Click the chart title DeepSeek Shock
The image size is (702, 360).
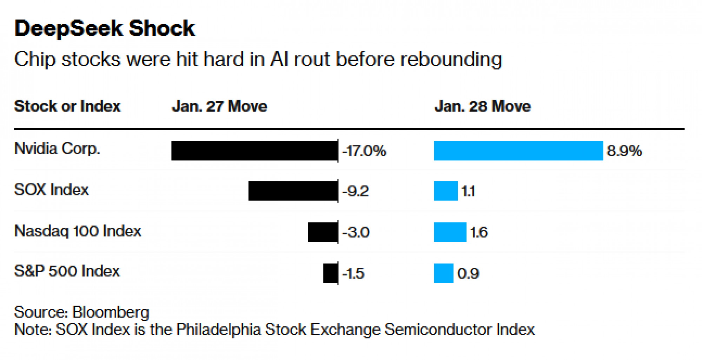click(x=105, y=28)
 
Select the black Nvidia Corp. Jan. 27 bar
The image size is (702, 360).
click(x=254, y=151)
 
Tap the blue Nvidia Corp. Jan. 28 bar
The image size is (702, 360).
click(x=518, y=151)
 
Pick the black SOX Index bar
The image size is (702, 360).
click(x=293, y=191)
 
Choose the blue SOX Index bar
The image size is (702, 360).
click(x=446, y=191)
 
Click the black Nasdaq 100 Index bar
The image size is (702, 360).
click(x=323, y=232)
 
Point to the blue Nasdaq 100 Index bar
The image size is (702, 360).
click(x=450, y=232)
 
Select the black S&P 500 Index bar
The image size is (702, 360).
click(x=330, y=273)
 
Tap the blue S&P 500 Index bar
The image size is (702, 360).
click(x=444, y=273)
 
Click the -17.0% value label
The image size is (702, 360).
click(x=364, y=151)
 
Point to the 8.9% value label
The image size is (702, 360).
click(x=624, y=151)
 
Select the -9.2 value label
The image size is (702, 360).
click(x=355, y=191)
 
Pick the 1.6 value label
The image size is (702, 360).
click(x=479, y=232)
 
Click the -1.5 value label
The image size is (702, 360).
click(x=353, y=273)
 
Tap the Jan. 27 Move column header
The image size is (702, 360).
click(x=219, y=106)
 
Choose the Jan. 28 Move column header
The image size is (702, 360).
click(x=483, y=106)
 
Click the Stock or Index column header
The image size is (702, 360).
click(x=67, y=106)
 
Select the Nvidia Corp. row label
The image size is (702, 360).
click(x=57, y=149)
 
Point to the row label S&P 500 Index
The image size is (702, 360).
click(x=67, y=271)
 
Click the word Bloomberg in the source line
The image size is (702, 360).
click(x=111, y=312)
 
